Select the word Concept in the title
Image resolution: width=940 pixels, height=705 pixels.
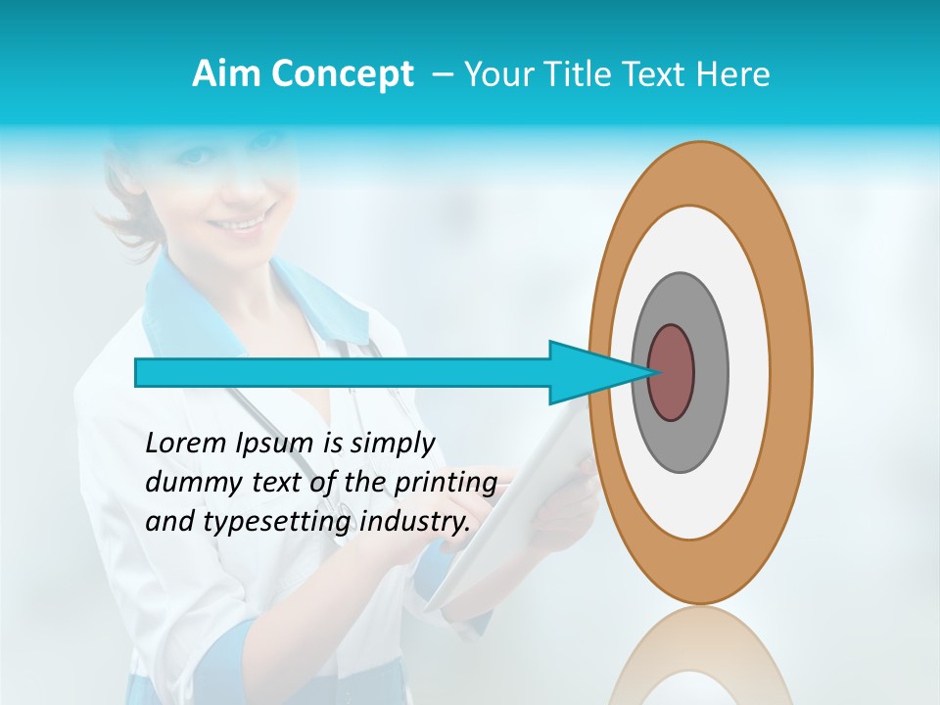click(342, 75)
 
